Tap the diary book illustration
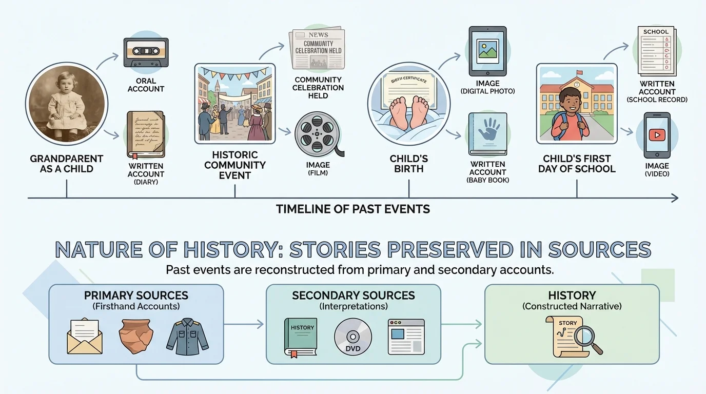point(146,134)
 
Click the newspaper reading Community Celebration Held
point(317,49)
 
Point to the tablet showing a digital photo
point(487,51)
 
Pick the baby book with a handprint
point(487,134)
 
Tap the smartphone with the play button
point(657,136)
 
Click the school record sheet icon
point(656,50)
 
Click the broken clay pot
point(135,336)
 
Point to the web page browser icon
point(406,337)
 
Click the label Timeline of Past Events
point(353,209)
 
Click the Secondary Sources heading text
point(353,295)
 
